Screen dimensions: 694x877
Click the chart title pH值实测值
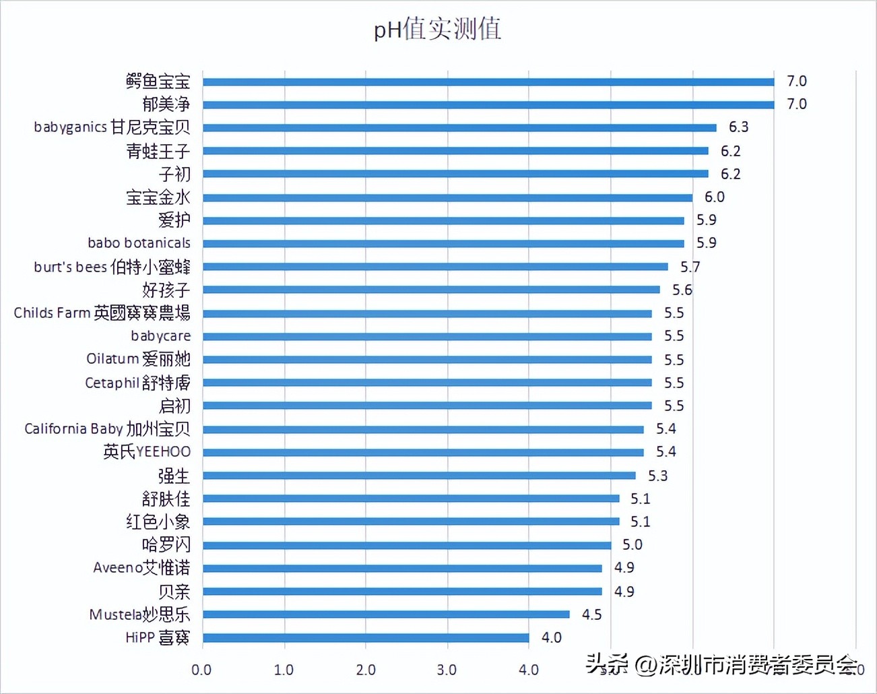pyautogui.click(x=437, y=30)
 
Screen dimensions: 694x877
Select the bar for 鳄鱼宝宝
pyautogui.click(x=488, y=82)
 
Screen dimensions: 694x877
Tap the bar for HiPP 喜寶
pyautogui.click(x=366, y=637)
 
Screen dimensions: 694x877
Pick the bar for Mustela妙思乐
pyautogui.click(x=386, y=614)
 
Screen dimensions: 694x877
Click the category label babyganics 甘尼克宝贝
pyautogui.click(x=112, y=127)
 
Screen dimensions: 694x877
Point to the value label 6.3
pyautogui.click(x=738, y=127)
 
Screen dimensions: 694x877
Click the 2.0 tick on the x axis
pyautogui.click(x=366, y=670)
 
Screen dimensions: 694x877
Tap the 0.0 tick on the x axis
pyautogui.click(x=201, y=670)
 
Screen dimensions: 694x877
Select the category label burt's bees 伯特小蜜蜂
pyautogui.click(x=112, y=267)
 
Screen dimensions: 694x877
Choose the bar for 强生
pyautogui.click(x=419, y=476)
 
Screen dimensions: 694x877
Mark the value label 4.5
pyautogui.click(x=591, y=614)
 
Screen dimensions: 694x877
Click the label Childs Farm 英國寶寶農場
pyautogui.click(x=102, y=313)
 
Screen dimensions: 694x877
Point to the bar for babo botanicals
pyautogui.click(x=443, y=243)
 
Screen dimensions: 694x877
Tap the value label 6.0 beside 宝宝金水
pyautogui.click(x=714, y=197)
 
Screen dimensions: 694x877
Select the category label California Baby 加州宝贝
pyautogui.click(x=107, y=429)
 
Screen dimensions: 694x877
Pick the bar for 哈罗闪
pyautogui.click(x=407, y=545)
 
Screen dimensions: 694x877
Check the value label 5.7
pyautogui.click(x=690, y=267)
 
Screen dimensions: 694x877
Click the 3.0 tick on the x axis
pyautogui.click(x=447, y=670)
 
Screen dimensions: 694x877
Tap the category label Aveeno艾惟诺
pyautogui.click(x=141, y=568)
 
